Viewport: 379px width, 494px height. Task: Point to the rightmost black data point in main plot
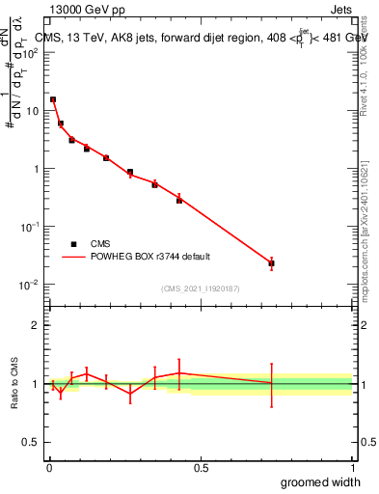point(272,263)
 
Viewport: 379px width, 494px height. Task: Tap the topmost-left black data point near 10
point(53,99)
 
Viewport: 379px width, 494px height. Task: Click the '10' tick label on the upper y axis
point(33,111)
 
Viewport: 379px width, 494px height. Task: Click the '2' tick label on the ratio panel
point(36,325)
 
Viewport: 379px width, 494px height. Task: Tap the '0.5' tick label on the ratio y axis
point(31,442)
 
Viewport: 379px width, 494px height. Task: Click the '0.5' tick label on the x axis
point(201,467)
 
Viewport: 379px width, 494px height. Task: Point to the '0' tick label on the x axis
point(49,467)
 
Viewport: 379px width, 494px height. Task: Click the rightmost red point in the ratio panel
point(272,384)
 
